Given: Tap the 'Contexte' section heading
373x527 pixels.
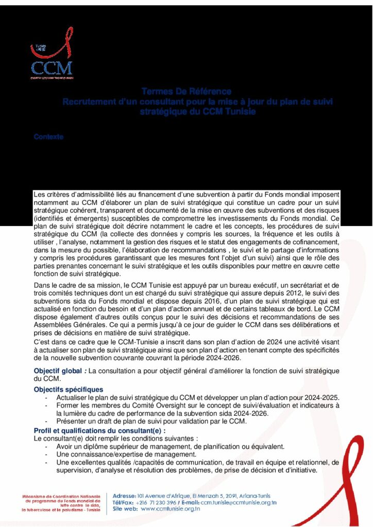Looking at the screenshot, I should click(x=48, y=137).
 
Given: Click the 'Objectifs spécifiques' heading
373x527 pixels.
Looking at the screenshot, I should click(x=68, y=390).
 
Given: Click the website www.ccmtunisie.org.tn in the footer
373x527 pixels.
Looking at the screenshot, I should click(x=170, y=509).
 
